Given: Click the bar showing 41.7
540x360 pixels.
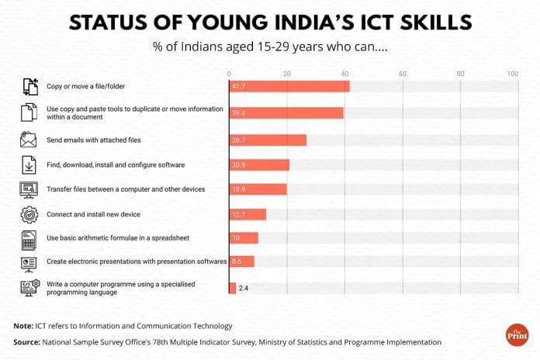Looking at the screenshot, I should (x=289, y=87).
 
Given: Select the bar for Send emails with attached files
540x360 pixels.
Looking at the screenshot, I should (x=267, y=140).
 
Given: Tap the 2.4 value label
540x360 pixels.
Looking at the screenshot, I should (x=243, y=288).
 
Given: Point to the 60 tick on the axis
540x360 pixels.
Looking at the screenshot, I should (x=403, y=74).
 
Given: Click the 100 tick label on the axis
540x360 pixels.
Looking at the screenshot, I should (x=512, y=74).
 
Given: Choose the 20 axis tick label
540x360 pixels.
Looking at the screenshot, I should (x=287, y=74).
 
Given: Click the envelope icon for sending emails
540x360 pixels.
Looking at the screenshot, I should (x=28, y=140).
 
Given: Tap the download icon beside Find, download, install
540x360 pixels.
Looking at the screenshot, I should (x=28, y=164).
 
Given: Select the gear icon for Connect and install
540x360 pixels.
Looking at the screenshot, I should (x=28, y=213).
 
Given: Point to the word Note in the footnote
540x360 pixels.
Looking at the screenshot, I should (x=23, y=326).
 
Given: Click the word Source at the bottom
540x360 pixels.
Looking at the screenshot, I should (x=27, y=341).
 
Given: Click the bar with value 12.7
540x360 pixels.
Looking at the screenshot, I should (x=247, y=214).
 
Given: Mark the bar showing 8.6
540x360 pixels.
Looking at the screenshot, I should (x=241, y=262).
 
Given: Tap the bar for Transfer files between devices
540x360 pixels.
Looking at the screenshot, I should (x=258, y=189).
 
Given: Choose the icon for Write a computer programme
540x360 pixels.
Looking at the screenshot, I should (x=28, y=288).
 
